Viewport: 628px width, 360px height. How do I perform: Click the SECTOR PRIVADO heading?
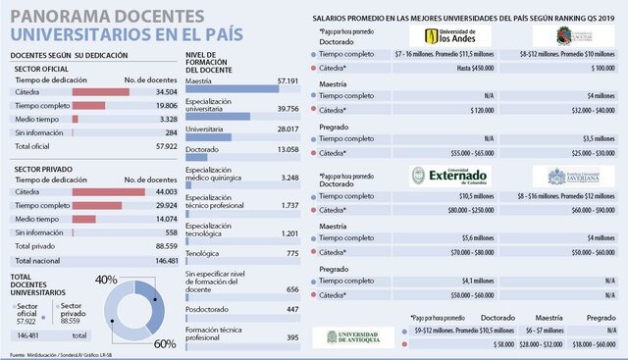pyautogui.click(x=45, y=167)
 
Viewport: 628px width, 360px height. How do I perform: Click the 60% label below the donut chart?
pyautogui.click(x=163, y=342)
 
